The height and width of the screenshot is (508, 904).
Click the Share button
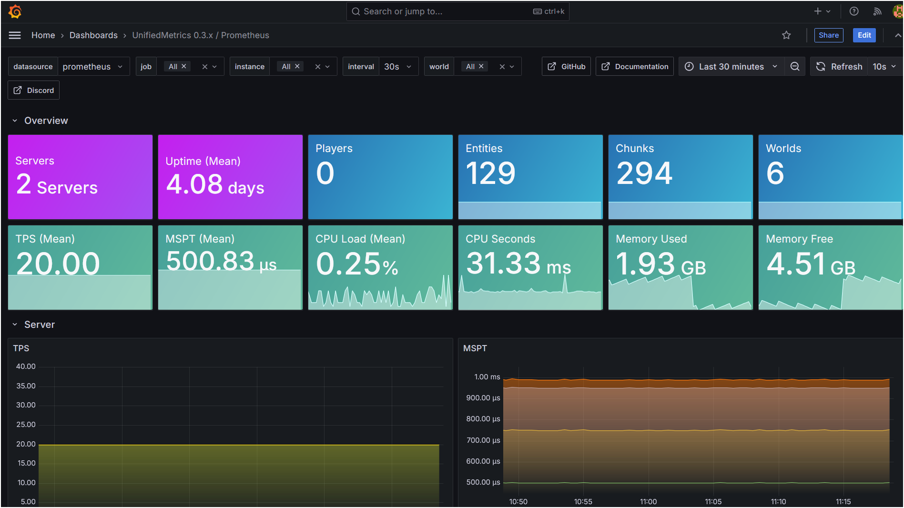(x=828, y=35)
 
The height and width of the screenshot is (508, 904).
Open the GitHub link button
(x=566, y=67)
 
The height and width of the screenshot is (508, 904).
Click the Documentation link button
(x=634, y=67)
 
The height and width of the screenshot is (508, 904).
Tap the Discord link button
(x=33, y=91)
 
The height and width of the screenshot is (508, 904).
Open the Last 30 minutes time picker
(x=731, y=67)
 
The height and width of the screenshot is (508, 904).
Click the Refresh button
(x=839, y=67)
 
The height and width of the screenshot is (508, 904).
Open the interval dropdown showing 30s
(x=397, y=67)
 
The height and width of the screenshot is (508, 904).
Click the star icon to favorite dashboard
(x=786, y=35)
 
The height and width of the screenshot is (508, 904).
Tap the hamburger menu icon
(x=15, y=35)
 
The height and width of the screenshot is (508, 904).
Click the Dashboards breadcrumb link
(x=93, y=35)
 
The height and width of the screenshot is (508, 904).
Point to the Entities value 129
(x=490, y=173)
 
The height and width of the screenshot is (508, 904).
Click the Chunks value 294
(x=644, y=173)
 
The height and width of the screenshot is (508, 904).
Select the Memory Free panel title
(x=799, y=239)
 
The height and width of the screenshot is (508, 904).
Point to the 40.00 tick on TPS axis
(x=26, y=366)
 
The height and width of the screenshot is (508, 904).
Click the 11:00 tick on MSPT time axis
(x=648, y=501)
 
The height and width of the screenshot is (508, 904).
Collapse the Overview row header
(x=46, y=121)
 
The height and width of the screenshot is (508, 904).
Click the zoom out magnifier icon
(x=795, y=67)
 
